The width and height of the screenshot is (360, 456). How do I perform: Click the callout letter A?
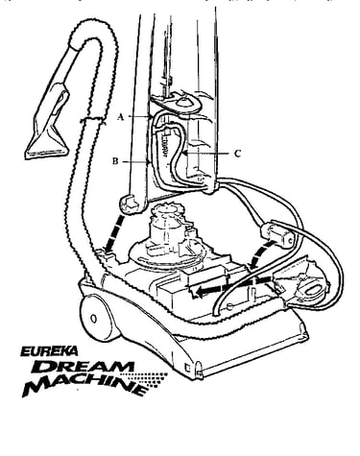120,117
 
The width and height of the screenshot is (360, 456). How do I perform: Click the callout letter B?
115,161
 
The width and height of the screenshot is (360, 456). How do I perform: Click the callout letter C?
237,154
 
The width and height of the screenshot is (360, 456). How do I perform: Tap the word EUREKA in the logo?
49,351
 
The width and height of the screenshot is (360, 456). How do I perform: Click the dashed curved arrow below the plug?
261,254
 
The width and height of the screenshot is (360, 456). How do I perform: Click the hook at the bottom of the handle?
131,204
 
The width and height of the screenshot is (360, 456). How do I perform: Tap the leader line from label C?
206,154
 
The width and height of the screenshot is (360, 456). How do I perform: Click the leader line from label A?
140,117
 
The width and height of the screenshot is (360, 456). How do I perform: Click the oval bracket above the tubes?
177,103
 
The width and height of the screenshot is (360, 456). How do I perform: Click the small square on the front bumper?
187,368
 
